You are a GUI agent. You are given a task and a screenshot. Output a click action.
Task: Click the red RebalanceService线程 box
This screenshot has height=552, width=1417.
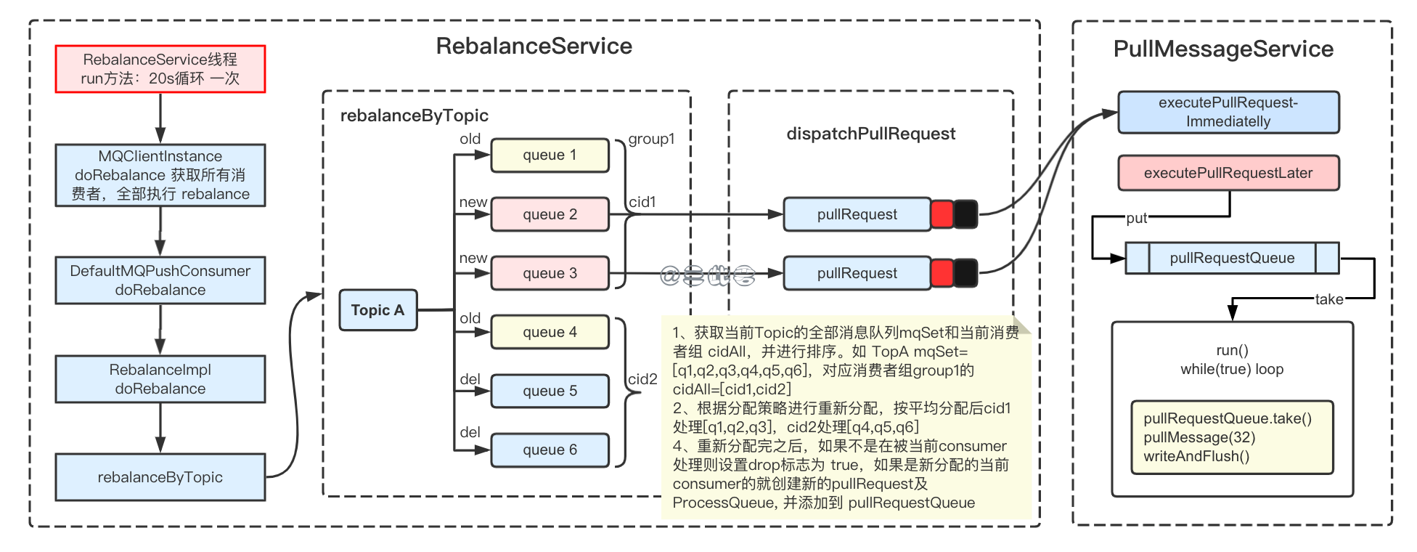pos(160,69)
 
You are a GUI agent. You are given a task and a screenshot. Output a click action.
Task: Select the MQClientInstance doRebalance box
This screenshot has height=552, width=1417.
pos(160,175)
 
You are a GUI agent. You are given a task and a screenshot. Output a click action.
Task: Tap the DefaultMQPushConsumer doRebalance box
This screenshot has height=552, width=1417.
pos(160,280)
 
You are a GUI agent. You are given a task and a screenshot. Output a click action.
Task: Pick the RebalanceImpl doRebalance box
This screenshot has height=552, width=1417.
pos(160,379)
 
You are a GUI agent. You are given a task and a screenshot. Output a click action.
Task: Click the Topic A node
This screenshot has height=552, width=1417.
pos(377,310)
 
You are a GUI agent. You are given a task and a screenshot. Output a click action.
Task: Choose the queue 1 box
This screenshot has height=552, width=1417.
pos(550,155)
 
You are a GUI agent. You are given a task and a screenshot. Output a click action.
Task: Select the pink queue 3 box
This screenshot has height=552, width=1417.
pos(550,273)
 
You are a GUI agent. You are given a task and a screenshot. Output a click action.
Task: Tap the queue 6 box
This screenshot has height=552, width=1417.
pos(550,450)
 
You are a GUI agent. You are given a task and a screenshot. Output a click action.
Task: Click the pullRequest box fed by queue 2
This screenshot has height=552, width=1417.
pos(857,214)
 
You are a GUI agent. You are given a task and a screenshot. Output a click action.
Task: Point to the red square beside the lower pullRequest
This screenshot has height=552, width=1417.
pos(942,273)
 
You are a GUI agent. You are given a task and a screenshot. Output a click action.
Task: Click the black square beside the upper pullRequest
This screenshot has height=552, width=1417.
pos(965,214)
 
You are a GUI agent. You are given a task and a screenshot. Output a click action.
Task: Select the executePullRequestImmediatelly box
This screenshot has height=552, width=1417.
pos(1228,113)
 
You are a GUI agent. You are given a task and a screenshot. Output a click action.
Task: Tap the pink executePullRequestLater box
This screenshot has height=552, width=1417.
pos(1228,173)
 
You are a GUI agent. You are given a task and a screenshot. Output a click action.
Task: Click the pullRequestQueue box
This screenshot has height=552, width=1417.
pos(1232,258)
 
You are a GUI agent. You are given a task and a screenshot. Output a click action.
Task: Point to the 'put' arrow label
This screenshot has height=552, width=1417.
pos(1136,218)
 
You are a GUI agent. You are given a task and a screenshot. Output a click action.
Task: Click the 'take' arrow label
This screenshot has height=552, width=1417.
pos(1328,299)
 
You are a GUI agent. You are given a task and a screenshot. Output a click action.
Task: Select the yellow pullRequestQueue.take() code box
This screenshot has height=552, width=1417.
pos(1232,437)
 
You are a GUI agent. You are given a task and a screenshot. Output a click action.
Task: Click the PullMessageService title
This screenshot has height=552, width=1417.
pos(1223,49)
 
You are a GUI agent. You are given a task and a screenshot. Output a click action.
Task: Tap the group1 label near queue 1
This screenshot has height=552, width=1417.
pos(651,139)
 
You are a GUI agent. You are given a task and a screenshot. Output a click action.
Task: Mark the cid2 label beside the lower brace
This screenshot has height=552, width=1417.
pos(642,379)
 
